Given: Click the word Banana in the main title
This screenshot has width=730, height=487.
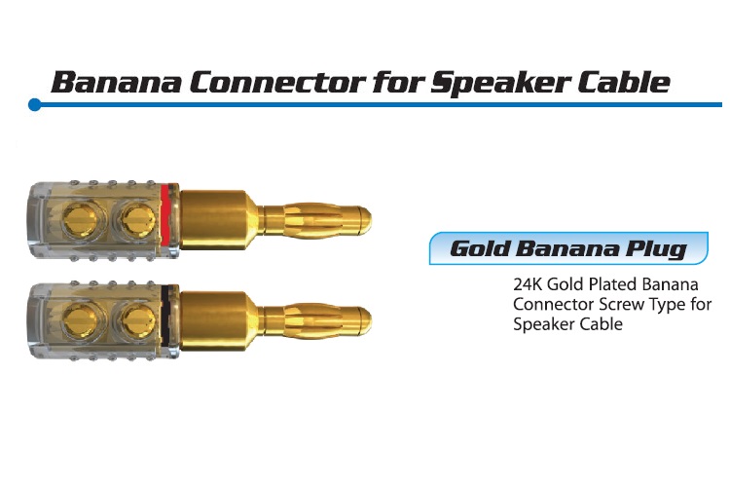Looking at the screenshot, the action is coord(117,82).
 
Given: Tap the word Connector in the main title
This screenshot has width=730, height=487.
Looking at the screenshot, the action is coord(277,82).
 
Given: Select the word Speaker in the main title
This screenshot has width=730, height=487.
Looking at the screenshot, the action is coord(500,83).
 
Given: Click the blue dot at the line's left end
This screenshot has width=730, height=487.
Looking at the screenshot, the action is coord(34,105).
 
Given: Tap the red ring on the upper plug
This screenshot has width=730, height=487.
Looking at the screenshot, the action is coord(165,216).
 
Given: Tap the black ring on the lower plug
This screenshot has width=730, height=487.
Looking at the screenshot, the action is coord(165,317).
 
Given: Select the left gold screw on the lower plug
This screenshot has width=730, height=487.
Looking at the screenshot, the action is coord(80,320).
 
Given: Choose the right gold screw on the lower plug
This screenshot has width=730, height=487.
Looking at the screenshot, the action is coord(138,320).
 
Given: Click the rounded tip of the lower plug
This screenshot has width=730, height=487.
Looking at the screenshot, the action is coord(364,320).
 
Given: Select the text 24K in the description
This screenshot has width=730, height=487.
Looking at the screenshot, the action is coord(528,284).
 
